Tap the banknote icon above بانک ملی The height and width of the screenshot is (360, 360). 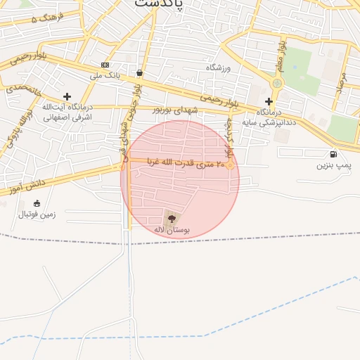click(105, 65)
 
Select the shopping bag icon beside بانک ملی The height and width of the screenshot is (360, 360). click(140, 72)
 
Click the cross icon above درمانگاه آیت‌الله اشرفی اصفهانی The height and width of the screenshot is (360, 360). click(67, 96)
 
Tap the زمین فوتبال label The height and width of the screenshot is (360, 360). click(37, 213)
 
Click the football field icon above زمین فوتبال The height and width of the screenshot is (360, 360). click(37, 203)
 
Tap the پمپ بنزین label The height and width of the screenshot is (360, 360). click(333, 165)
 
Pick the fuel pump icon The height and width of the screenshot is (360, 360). click(333, 154)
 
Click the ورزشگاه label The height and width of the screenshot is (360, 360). click(218, 67)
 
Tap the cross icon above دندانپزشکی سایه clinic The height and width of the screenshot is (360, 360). click(269, 101)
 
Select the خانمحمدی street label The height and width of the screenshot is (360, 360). click(25, 90)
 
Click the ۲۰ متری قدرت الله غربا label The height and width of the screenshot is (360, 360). click(186, 163)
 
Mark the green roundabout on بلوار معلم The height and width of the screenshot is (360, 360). click(277, 84)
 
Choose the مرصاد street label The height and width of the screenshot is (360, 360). click(341, 84)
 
